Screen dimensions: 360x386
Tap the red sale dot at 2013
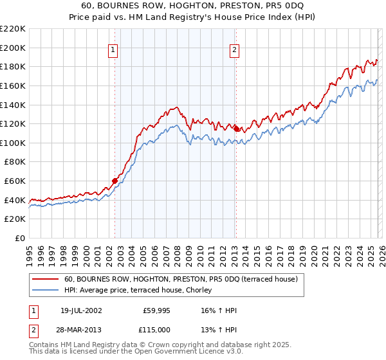point(236,129)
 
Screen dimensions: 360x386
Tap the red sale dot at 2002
point(115,181)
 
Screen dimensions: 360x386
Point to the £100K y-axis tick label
point(13,143)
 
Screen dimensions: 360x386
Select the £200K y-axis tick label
point(13,48)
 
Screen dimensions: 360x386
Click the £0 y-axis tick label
point(19,238)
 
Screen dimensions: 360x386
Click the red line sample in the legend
point(46,280)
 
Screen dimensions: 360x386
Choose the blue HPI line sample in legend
point(46,290)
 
